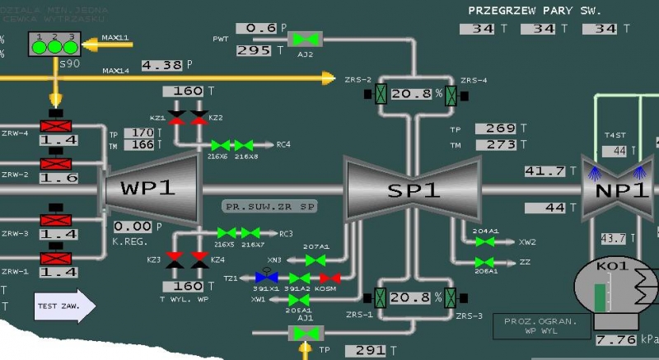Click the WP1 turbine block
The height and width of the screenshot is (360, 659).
click(149, 188)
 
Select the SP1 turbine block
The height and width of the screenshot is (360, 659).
click(414, 190)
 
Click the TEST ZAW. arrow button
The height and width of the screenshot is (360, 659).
click(64, 306)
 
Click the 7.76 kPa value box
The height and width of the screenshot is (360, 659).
click(614, 339)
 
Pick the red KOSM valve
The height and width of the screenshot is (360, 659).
click(329, 278)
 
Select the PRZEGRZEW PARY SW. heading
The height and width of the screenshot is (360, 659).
click(535, 11)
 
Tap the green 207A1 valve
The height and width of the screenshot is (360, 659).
click(314, 259)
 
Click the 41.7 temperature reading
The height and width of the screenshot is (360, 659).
click(544, 171)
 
